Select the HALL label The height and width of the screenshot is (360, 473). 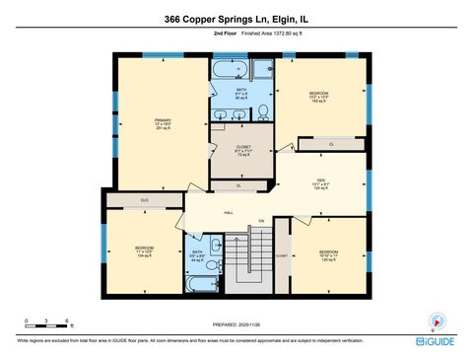point(228,211)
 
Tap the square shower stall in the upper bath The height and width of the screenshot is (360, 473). point(262,70)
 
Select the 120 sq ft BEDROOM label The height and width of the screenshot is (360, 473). point(328,255)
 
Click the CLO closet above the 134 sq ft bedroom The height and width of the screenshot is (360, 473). point(144,200)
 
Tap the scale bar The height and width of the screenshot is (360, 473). point(44,324)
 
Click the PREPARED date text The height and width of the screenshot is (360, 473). point(236,323)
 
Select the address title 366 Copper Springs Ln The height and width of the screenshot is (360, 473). point(236,18)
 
